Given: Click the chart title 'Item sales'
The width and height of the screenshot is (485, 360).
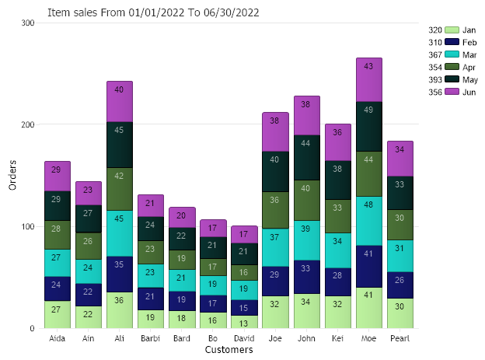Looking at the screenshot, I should click(154, 12).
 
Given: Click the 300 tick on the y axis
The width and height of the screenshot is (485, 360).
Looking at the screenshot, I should click(28, 23).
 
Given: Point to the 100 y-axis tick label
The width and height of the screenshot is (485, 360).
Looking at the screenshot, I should click(28, 227).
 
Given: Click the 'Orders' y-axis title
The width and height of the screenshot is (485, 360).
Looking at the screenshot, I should click(12, 176).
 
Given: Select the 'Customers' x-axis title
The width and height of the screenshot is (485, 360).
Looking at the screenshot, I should click(229, 350).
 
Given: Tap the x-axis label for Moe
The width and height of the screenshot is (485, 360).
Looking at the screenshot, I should click(368, 339).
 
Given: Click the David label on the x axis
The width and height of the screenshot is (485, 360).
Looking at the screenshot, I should click(244, 339).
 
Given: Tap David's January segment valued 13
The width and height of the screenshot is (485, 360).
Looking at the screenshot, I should click(244, 321).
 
